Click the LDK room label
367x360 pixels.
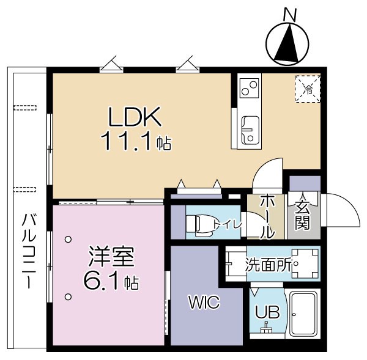tap(135, 117)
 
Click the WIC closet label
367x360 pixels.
tap(204, 302)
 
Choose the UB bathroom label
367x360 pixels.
tap(267, 312)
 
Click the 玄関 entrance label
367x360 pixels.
tap(302, 215)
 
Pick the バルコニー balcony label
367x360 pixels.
tap(29, 251)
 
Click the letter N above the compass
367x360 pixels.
tap(290, 15)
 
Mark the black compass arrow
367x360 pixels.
tap(287, 44)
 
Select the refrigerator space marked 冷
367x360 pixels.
tap(308, 89)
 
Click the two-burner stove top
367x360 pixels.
tap(250, 88)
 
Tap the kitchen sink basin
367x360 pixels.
tap(250, 130)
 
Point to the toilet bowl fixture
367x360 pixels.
tap(202, 224)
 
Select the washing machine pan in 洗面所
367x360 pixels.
tap(305, 263)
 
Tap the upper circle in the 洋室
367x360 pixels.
tap(68, 240)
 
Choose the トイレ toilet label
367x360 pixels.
tap(228, 226)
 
